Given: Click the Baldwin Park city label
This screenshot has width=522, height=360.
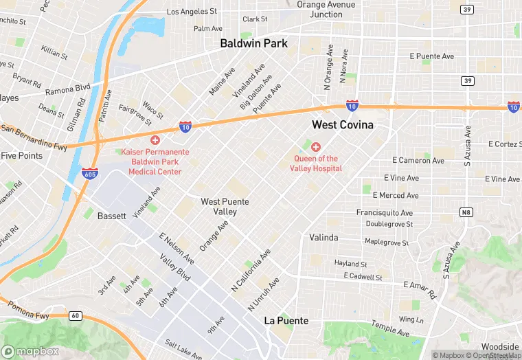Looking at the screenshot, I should click(253, 43).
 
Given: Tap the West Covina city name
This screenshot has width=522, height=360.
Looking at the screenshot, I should click(343, 125).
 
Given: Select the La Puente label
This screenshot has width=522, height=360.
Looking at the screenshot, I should click(286, 321).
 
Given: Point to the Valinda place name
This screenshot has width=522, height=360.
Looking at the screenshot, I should click(324, 238).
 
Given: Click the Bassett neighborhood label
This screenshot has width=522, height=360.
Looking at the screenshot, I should click(111, 216).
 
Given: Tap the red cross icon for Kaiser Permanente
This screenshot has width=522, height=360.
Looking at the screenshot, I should click(155, 140).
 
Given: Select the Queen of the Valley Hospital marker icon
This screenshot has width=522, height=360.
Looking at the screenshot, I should click(316, 147).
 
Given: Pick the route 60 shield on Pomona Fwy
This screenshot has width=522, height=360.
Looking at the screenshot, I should click(76, 316).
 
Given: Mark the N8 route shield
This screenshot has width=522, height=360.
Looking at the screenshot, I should click(466, 212).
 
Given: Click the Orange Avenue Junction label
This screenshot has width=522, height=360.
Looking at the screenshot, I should click(326, 10).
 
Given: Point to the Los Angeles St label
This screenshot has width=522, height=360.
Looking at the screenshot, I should click(192, 12).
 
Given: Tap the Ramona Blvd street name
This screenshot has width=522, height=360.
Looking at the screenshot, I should click(68, 89).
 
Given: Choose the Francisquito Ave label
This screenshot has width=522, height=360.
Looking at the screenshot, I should click(385, 213).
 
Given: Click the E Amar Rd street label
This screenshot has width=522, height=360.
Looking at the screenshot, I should click(420, 289).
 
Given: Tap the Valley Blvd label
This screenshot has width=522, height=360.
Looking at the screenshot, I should click(174, 269).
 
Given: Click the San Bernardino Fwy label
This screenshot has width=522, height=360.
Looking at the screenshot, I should click(34, 137).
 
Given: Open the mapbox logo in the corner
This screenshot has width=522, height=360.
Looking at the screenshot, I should click(30, 351).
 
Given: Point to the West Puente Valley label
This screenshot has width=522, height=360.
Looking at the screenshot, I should click(225, 207).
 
